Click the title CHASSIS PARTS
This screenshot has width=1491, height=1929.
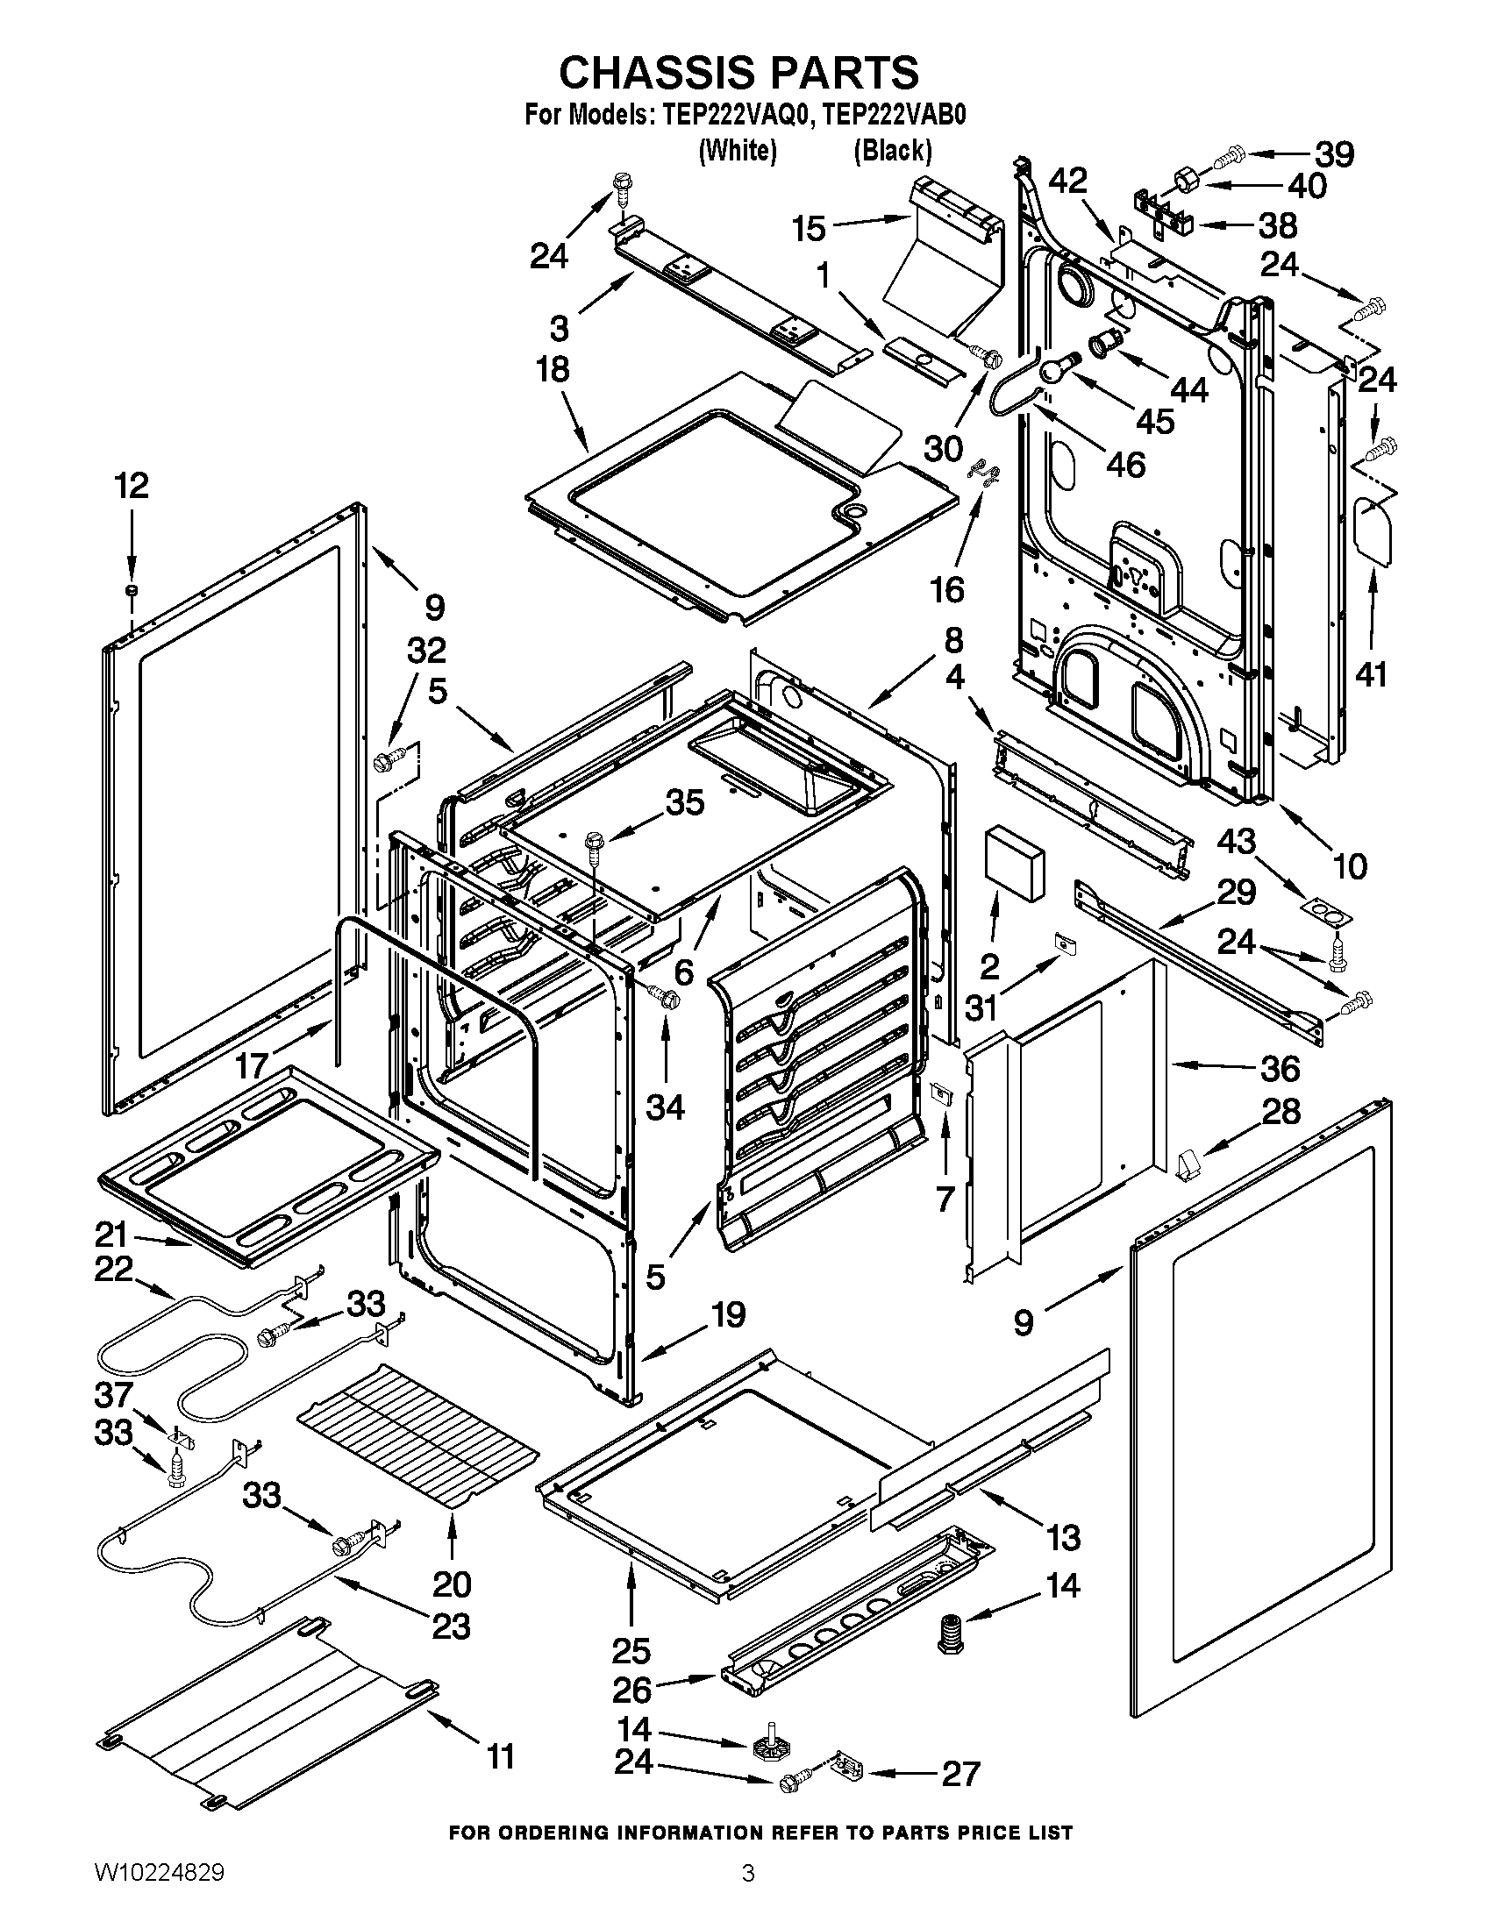coord(738,73)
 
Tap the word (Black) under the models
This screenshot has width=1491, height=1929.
coord(892,151)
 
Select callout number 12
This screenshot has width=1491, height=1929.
coord(132,486)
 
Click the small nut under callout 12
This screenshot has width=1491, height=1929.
coord(132,589)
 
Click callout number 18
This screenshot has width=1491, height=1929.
coord(553,369)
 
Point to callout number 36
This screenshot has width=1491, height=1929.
coord(1280,1069)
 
